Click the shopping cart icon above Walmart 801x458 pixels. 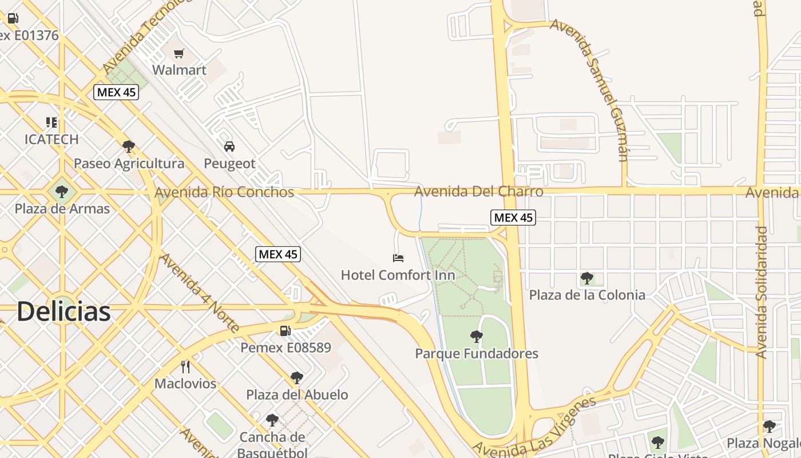pos(179,54)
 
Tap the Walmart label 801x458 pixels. pos(179,70)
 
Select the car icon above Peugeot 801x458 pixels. pos(229,147)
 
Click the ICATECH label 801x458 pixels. pos(51,139)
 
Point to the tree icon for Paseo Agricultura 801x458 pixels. pos(129,147)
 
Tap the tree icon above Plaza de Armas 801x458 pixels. pos(62,192)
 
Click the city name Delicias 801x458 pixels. pos(63,311)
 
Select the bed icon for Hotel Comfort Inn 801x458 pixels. pos(398,258)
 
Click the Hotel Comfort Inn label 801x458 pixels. pos(398,275)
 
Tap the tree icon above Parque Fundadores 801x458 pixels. pos(476,337)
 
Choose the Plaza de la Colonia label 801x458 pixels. pos(587,295)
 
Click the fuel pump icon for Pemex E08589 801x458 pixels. pos(285,330)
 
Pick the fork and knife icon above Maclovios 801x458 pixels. pos(185,366)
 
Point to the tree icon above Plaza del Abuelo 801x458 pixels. pos(296,378)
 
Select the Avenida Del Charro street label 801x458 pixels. pos(478,191)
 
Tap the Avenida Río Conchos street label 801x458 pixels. pos(224,192)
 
